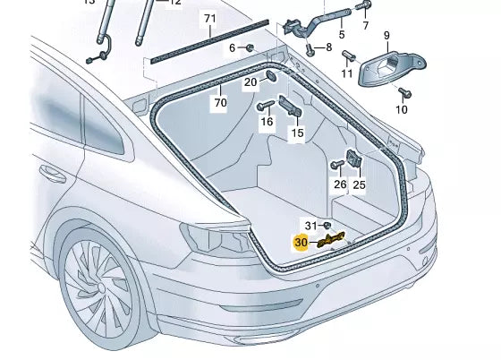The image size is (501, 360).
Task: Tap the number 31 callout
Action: pos(310,224)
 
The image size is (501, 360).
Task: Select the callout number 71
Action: pos(209,19)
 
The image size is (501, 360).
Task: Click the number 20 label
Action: pos(250,82)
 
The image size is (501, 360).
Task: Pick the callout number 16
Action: pos(266,120)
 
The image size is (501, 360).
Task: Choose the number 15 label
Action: pos(297,133)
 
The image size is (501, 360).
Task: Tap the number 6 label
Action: pos(232,47)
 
